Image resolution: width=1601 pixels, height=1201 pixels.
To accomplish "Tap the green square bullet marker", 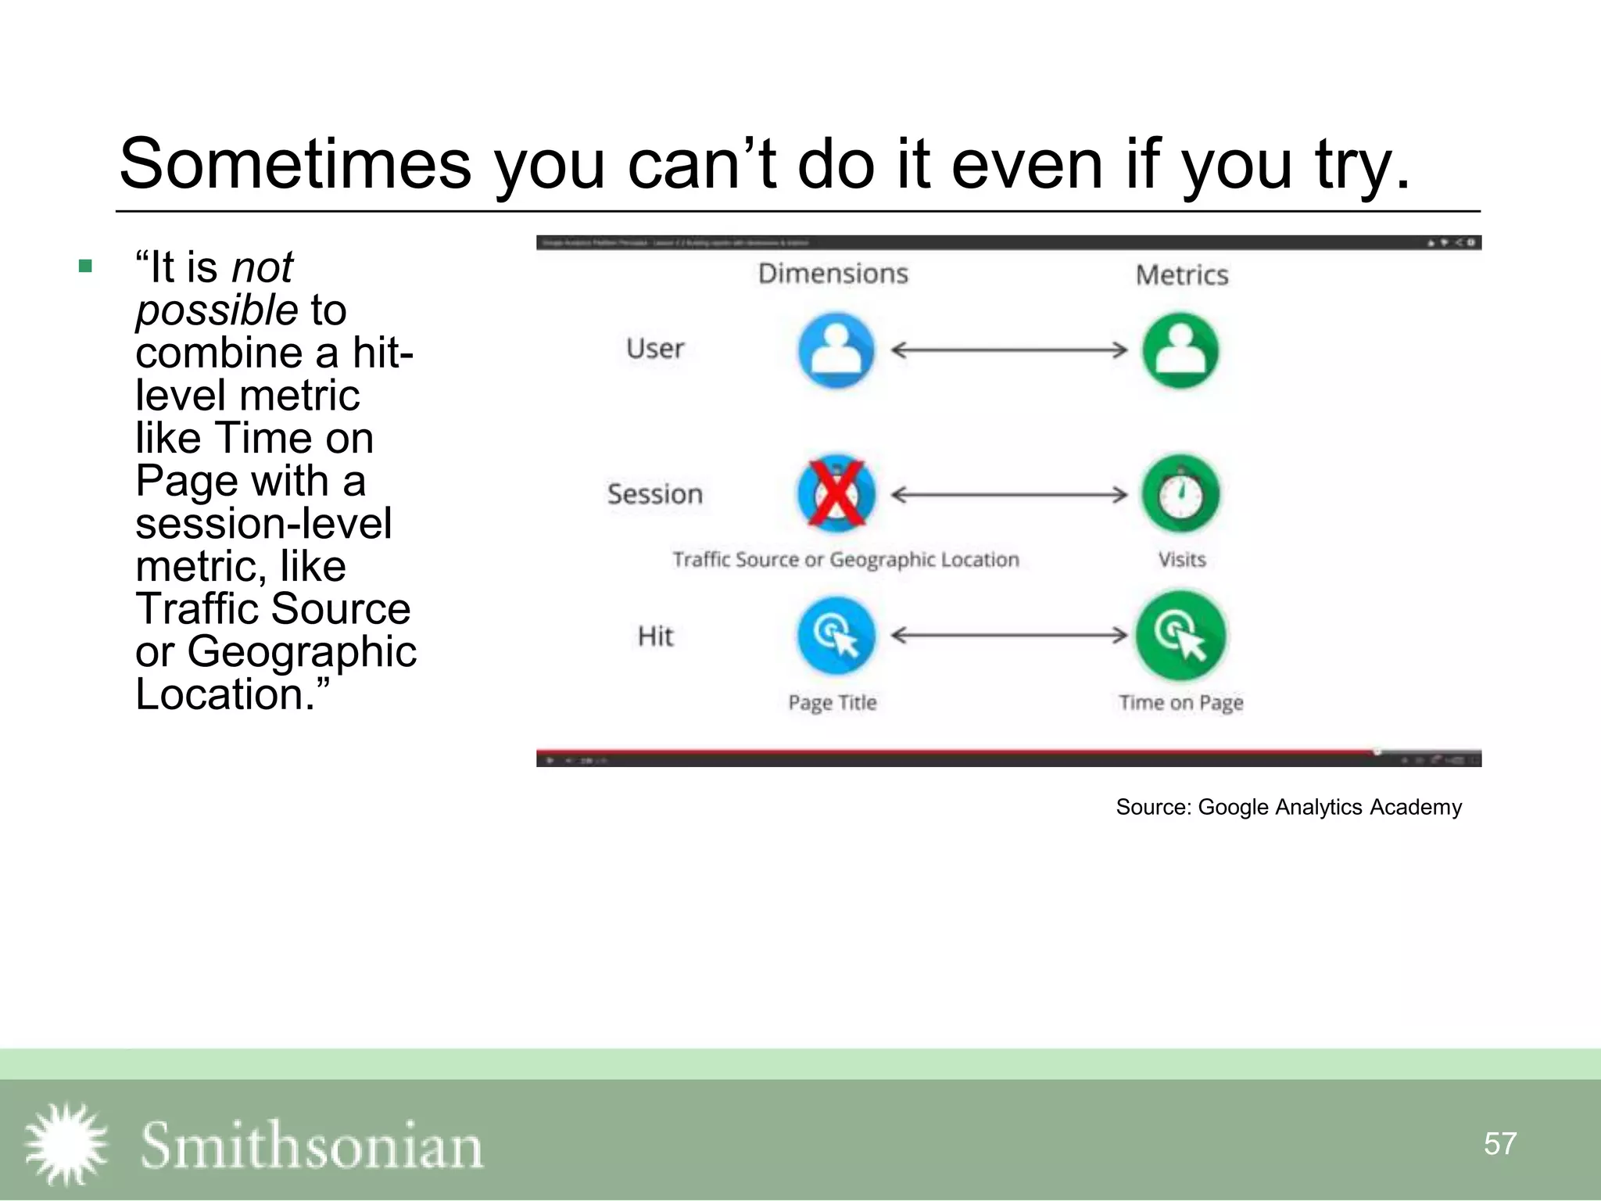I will tap(86, 267).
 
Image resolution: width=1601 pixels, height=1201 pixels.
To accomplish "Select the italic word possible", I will tap(217, 310).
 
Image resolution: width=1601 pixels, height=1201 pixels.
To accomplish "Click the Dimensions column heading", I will tap(833, 274).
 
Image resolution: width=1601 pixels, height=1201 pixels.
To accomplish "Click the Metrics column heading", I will tap(1181, 275).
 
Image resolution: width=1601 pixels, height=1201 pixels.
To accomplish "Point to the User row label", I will tap(655, 349).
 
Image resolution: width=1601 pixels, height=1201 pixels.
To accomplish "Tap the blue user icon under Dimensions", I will tap(836, 350).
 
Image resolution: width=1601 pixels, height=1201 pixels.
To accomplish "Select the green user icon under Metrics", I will tap(1180, 350).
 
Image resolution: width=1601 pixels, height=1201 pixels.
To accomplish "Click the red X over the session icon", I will tap(836, 493).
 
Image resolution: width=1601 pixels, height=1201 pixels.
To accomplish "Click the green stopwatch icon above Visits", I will tap(1180, 494).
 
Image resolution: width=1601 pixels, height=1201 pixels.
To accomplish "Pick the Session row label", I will tap(655, 494).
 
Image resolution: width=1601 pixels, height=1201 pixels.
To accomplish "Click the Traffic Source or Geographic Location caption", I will tap(846, 560).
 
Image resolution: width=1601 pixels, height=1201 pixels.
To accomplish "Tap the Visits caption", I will tap(1181, 560).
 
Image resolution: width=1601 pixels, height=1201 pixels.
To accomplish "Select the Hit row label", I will tap(655, 636).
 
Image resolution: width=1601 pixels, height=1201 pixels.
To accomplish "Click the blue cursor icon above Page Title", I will tap(836, 636).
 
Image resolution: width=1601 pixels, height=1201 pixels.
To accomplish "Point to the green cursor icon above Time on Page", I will tap(1180, 635).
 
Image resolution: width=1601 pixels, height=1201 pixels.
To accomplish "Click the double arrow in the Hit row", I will tap(1008, 635).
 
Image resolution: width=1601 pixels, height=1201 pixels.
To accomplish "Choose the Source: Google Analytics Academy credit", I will tap(1288, 807).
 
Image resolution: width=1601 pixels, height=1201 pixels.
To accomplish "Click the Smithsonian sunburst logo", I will tap(66, 1144).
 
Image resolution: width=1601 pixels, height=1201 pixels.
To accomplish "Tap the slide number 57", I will tap(1499, 1144).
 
